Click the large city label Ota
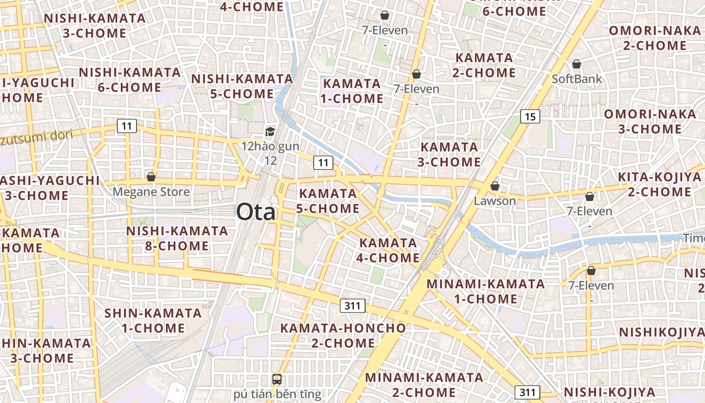click(x=256, y=212)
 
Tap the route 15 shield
click(x=530, y=117)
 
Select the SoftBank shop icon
click(x=577, y=64)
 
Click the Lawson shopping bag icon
click(x=495, y=186)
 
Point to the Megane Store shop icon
click(x=151, y=177)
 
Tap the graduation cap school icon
click(x=270, y=132)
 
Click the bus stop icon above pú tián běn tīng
click(x=277, y=379)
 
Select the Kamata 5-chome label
click(x=328, y=201)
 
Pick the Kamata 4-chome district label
click(x=389, y=250)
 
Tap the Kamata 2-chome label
click(x=484, y=65)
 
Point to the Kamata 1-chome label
click(x=352, y=91)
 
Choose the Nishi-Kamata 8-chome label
click(x=177, y=238)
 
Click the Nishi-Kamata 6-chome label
click(x=129, y=80)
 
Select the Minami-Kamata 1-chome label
click(x=485, y=291)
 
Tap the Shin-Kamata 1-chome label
click(x=153, y=320)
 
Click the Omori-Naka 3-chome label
click(x=650, y=121)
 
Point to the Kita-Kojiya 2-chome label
click(x=659, y=184)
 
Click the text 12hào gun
click(x=270, y=147)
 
